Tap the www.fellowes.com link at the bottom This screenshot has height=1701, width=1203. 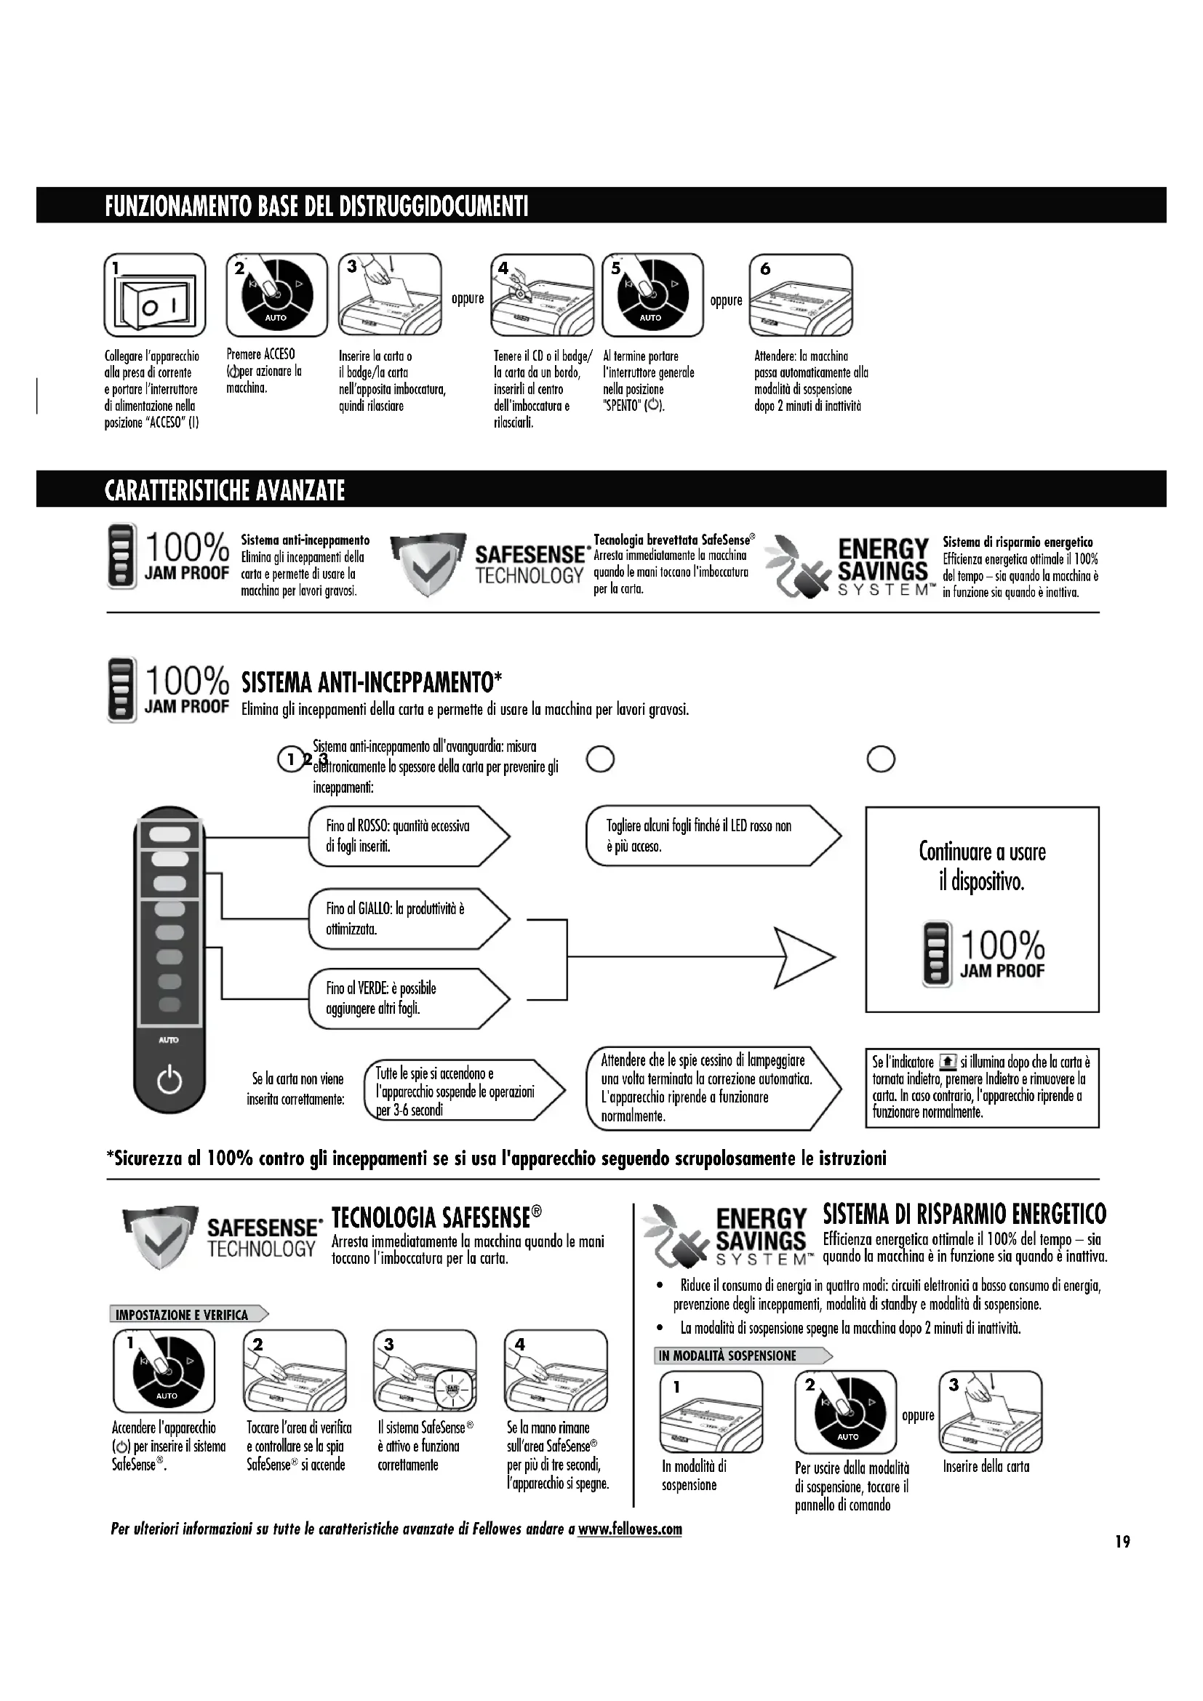click(x=630, y=1529)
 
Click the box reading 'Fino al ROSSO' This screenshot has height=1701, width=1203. click(x=407, y=836)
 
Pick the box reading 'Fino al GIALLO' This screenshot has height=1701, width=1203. click(x=407, y=918)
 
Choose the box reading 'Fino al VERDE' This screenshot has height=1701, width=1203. click(x=407, y=998)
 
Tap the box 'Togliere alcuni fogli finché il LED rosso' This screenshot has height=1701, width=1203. click(x=711, y=836)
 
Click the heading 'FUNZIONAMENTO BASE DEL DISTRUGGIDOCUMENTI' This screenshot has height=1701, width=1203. click(x=316, y=205)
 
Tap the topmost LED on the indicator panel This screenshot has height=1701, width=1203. click(x=169, y=834)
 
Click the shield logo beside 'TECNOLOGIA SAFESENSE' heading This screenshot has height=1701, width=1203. click(x=160, y=1236)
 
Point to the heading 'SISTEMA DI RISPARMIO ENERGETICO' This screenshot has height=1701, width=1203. click(x=964, y=1214)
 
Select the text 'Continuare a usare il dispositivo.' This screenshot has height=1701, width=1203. click(x=982, y=866)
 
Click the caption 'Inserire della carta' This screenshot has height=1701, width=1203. click(x=986, y=1466)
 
